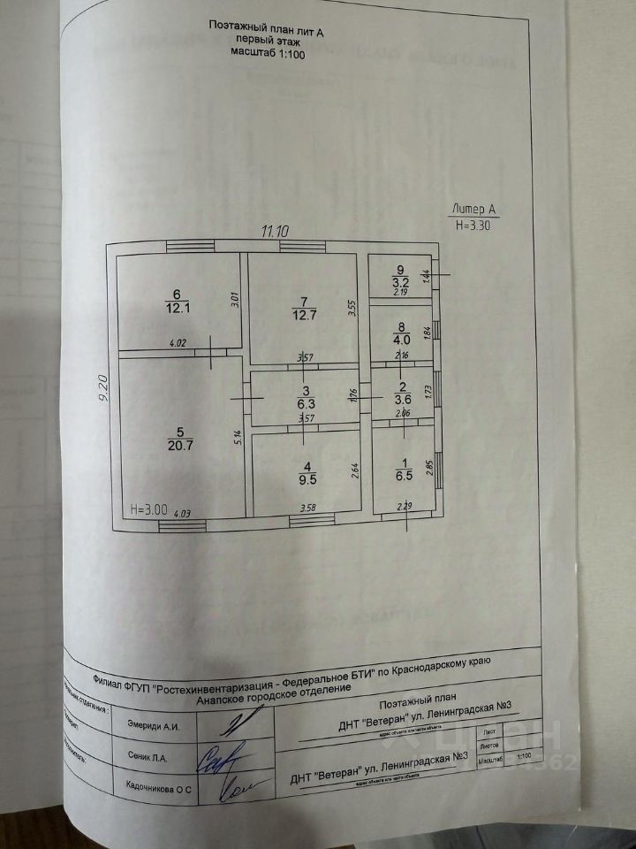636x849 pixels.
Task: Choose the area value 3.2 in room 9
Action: point(400,281)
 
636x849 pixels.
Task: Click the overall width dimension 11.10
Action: point(275,231)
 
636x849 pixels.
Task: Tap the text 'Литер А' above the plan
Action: point(473,210)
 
